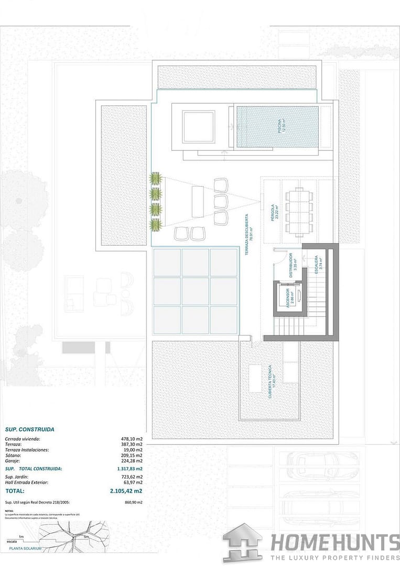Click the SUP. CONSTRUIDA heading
click(x=29, y=429)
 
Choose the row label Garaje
click(x=13, y=461)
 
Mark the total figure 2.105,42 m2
click(x=126, y=491)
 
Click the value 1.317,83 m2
click(x=130, y=469)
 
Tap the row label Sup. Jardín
click(x=16, y=477)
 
